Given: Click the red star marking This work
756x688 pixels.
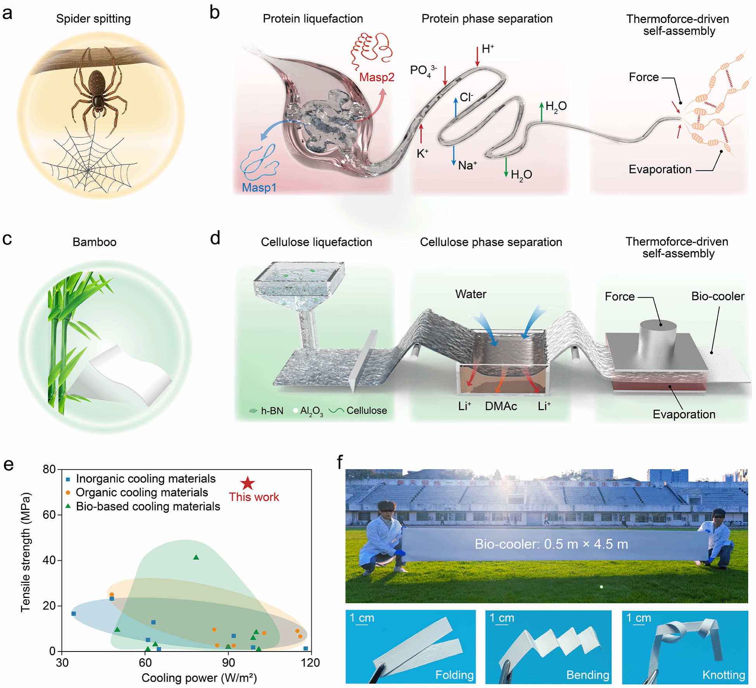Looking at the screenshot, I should pos(248,484).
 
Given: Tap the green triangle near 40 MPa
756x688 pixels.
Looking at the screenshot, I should pos(196,558).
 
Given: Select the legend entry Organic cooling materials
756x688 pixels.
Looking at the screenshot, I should pos(142,492).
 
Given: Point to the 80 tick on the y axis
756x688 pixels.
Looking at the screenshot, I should pos(49,470).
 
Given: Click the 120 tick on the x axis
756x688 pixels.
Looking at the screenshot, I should pos(310,663).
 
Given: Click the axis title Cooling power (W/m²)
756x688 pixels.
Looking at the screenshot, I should pos(199,678).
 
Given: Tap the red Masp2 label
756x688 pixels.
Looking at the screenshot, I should pos(376,77).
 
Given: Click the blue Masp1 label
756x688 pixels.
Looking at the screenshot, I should pos(259,187).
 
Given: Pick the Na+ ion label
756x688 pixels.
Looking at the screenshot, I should pos(467,165).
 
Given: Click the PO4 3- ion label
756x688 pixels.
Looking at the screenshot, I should pos(423,71).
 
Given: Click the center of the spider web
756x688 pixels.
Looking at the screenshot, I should pos(88,170).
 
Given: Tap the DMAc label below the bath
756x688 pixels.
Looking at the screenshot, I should pos(501,406).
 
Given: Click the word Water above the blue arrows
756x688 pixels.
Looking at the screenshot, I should pos(470,294).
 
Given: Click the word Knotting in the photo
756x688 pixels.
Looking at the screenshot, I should pos(723,675).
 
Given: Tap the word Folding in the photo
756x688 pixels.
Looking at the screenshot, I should pos(454,675).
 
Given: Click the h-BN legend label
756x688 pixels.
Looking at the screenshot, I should pos(272,411).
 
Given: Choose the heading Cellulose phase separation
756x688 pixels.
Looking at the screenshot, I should pos(491,242).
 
